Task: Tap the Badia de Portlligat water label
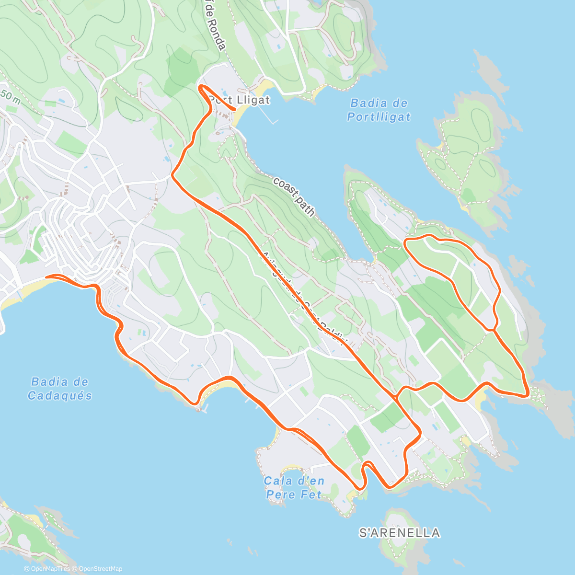[379, 110]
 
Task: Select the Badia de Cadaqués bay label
[59, 389]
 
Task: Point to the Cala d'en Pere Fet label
[294, 487]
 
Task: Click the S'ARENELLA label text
[400, 533]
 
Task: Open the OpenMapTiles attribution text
[46, 569]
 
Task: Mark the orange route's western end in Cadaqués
[46, 276]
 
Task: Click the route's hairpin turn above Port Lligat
[201, 87]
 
